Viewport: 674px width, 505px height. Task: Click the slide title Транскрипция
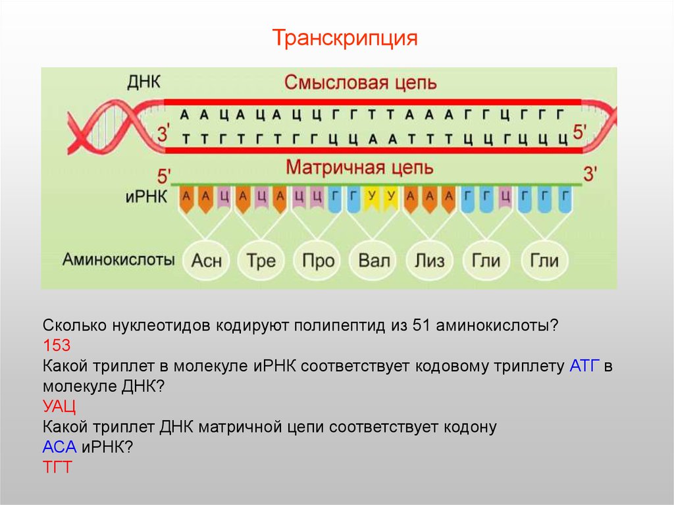(x=345, y=38)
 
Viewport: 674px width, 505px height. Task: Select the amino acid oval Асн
(x=206, y=260)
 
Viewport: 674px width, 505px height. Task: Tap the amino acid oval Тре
(x=261, y=260)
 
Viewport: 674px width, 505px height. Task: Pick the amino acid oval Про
(x=318, y=260)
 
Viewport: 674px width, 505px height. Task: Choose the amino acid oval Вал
(x=374, y=260)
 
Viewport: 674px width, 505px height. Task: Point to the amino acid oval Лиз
(x=429, y=260)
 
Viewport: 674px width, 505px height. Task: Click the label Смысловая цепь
(x=360, y=82)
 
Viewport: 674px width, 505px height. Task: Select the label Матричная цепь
(x=359, y=167)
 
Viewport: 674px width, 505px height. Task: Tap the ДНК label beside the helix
(x=143, y=82)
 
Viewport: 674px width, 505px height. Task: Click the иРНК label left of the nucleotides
(x=146, y=197)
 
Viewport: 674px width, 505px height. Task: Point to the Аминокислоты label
(x=118, y=259)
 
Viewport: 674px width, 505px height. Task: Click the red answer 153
(x=57, y=346)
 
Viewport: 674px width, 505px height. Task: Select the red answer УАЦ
(x=59, y=406)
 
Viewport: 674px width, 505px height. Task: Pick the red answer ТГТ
(x=57, y=467)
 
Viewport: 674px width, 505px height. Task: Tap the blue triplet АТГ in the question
(x=584, y=366)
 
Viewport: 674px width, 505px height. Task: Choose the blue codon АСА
(x=59, y=447)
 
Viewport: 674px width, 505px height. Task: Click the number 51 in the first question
(x=421, y=326)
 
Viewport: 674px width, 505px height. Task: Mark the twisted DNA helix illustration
(x=116, y=127)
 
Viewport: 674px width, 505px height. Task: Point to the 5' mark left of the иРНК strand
(x=164, y=176)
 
